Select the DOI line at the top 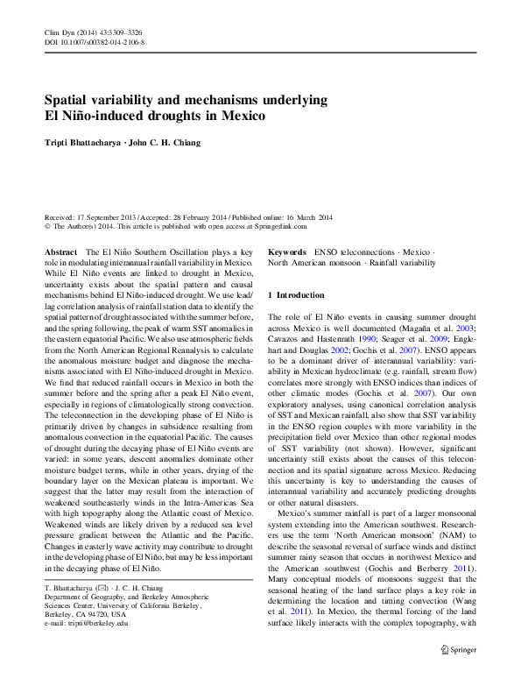pos(95,41)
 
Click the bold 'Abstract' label pos(63,251)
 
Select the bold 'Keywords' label pos(287,251)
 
